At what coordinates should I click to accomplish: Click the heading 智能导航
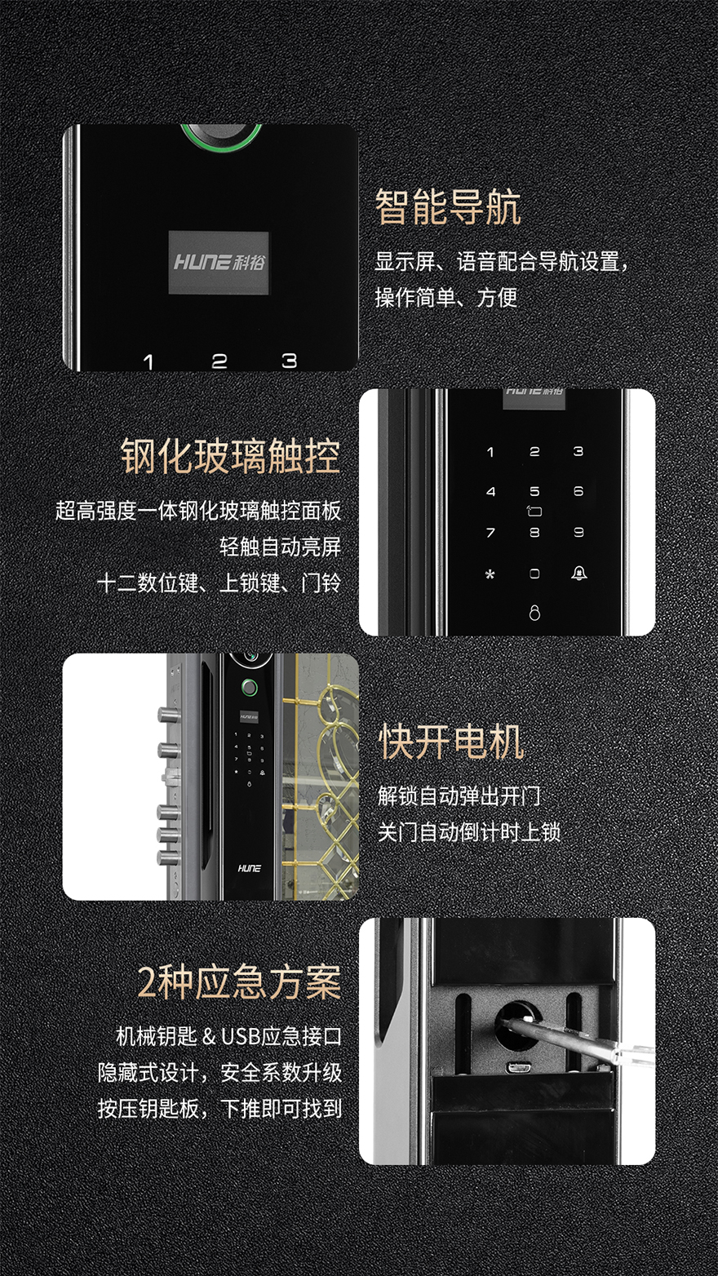click(448, 207)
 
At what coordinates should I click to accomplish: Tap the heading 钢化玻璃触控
click(231, 456)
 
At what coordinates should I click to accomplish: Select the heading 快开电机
click(451, 742)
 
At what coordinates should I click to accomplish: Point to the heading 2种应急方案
click(239, 982)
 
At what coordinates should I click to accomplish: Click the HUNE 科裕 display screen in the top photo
click(219, 263)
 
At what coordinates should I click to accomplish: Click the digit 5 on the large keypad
click(534, 491)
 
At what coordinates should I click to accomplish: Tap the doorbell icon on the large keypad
click(579, 573)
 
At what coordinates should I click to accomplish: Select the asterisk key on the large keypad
click(490, 574)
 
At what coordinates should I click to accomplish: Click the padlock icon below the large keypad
click(534, 613)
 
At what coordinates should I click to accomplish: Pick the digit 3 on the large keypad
click(578, 452)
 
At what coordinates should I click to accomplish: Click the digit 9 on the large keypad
click(578, 533)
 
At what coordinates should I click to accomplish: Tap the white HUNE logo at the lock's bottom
click(249, 868)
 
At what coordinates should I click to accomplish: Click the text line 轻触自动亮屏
click(281, 547)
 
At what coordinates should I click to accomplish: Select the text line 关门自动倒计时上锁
click(469, 832)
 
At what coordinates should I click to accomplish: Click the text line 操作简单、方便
click(446, 297)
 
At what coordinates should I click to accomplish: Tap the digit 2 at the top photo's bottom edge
click(219, 361)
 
